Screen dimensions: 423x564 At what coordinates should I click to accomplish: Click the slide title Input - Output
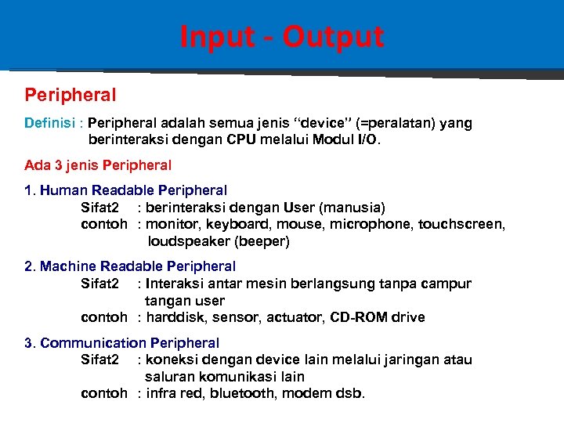[281, 37]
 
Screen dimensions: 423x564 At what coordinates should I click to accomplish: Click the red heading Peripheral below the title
[70, 96]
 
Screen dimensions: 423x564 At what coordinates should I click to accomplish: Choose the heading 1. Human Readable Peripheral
[125, 190]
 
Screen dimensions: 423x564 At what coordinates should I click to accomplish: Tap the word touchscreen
[461, 225]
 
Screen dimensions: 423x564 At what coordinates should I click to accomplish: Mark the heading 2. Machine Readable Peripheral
[130, 267]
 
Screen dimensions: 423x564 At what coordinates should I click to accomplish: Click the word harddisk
[176, 317]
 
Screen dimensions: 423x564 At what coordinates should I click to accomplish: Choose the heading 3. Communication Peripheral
[121, 343]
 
